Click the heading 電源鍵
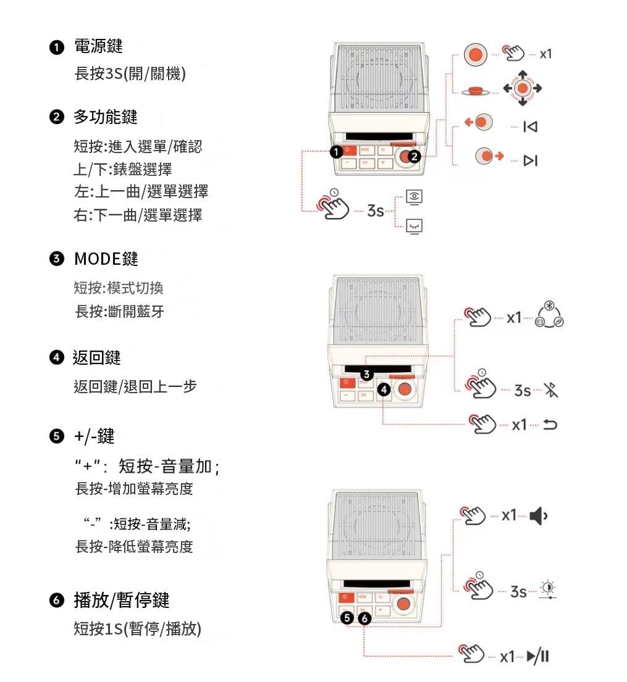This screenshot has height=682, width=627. pos(98,46)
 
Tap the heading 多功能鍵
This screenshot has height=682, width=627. pos(106,117)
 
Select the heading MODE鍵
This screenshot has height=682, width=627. pos(106,259)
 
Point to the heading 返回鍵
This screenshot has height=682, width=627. pos(96,357)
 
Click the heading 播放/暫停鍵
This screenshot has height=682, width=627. pos(122,601)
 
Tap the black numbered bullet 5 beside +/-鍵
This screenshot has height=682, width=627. pos(57,436)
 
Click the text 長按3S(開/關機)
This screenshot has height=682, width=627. pos(130,74)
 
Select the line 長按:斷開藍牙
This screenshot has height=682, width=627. pos(119,312)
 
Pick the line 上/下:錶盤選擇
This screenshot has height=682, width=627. pos(123,169)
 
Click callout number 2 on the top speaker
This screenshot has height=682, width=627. pos(414,157)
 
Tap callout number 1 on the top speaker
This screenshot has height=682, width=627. pos(335,152)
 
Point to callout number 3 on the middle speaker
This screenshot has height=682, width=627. pos(366,375)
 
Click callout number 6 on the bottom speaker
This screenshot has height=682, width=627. pos(364,618)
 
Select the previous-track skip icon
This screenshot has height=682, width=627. pos(530,127)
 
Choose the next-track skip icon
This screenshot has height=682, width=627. pos(531,160)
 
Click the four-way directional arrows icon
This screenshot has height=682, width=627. pos(523,88)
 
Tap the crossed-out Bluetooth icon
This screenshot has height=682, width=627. pos(551,389)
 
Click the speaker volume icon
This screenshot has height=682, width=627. pos(539,516)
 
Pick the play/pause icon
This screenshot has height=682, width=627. pos(538,656)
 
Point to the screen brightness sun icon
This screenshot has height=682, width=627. pos(548,589)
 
